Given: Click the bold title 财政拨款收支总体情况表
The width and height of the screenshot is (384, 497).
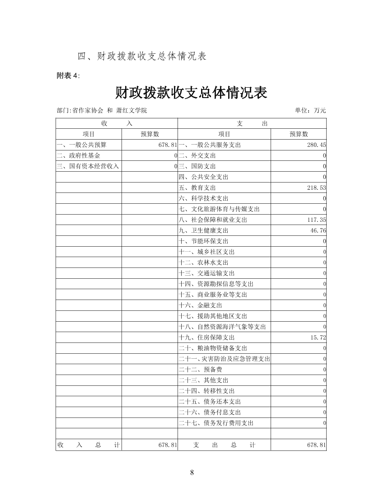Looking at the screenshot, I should (191, 93).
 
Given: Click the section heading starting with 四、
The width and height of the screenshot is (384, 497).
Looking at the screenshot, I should (142, 56).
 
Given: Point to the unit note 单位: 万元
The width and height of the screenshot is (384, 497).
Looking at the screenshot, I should (310, 110).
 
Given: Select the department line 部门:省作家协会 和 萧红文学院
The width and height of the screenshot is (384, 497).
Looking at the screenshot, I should (102, 110).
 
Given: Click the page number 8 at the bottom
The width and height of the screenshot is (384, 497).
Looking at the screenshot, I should (192, 473).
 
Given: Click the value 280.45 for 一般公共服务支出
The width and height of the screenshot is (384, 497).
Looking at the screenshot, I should (316, 145).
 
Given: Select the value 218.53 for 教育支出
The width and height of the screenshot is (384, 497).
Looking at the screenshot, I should (316, 188).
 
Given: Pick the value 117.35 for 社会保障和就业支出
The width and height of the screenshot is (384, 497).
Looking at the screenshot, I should (316, 220).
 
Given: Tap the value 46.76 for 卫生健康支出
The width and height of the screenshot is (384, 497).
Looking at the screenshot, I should (318, 230).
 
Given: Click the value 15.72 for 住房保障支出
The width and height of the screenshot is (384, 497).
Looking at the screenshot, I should (318, 338).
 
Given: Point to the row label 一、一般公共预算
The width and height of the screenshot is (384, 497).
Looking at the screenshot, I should (82, 145).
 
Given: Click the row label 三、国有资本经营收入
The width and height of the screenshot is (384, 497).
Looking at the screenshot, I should (88, 166).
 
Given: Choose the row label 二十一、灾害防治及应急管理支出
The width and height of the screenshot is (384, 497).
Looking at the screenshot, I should (224, 359).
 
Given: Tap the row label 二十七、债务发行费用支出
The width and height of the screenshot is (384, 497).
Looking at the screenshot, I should (216, 423).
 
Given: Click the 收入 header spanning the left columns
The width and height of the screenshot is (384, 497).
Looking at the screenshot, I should (117, 123).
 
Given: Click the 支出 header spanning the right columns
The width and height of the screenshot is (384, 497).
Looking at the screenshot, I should (252, 123).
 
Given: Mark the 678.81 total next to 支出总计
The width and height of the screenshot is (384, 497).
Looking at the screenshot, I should (316, 445).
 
